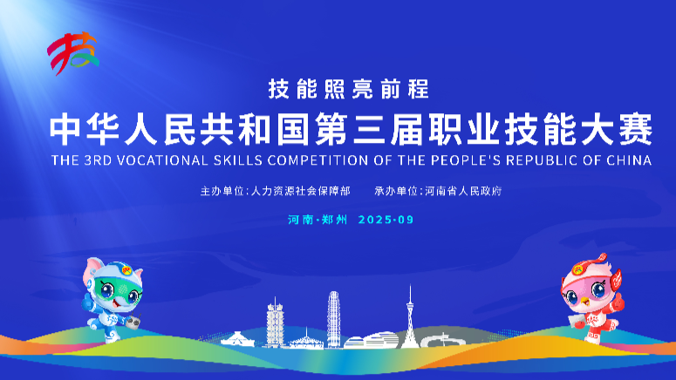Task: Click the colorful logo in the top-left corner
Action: click(x=72, y=53)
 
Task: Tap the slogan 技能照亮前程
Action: click(x=349, y=89)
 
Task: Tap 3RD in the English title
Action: click(x=98, y=160)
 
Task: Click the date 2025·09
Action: click(x=386, y=220)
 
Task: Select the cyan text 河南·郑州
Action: click(x=318, y=220)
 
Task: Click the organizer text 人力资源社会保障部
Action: click(x=300, y=191)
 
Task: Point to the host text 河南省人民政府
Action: click(x=463, y=191)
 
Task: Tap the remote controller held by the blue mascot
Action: click(x=133, y=322)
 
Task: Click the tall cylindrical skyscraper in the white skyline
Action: click(x=333, y=319)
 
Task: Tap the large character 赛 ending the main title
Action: click(x=636, y=129)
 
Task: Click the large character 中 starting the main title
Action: click(x=65, y=129)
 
